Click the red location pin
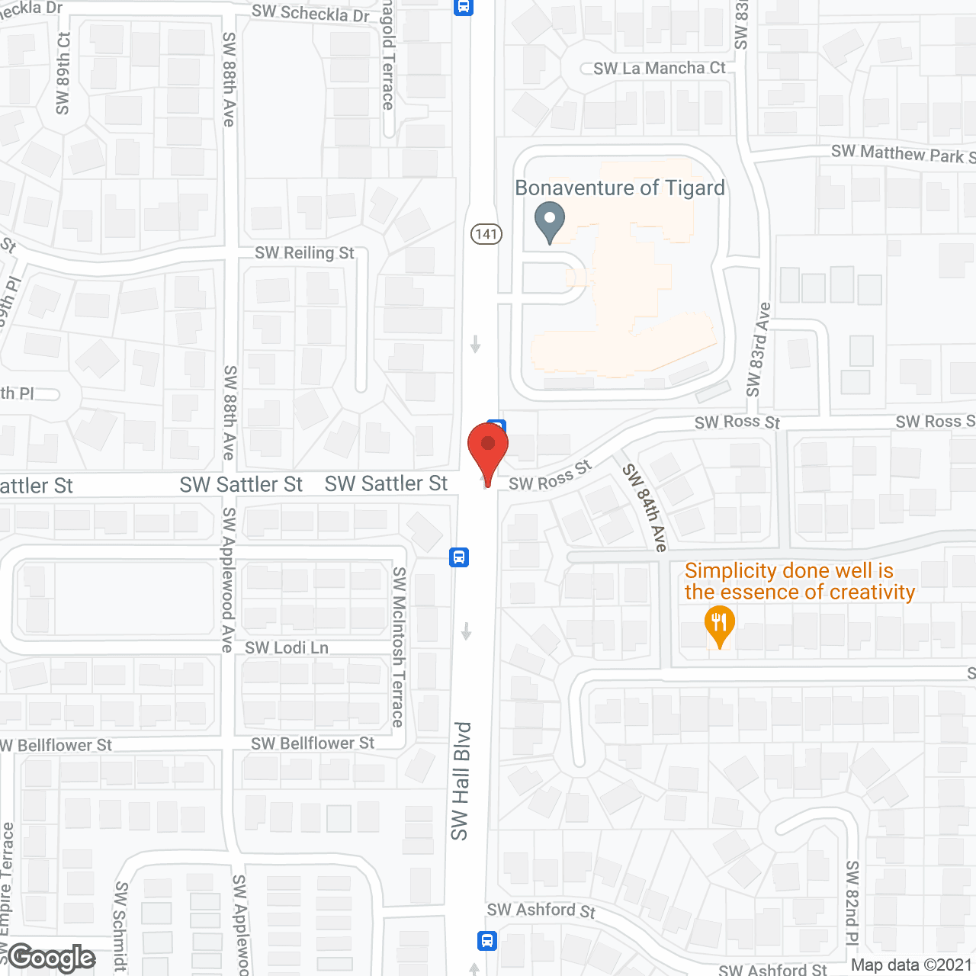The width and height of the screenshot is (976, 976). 488,450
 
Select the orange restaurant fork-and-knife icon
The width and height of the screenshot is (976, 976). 719,624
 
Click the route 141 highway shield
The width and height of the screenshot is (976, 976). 486,234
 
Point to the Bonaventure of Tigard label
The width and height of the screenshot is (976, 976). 620,188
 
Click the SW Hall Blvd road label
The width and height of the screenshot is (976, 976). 460,781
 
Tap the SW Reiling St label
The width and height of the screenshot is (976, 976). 304,253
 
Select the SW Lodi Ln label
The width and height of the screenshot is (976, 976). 287,648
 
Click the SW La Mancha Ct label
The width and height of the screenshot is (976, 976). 659,69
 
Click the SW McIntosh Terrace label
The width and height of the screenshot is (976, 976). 399,647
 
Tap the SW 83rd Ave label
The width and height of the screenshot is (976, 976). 758,349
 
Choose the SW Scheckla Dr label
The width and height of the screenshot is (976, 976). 310,13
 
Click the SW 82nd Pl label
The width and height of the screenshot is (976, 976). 852,904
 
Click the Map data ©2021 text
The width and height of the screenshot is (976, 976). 911,965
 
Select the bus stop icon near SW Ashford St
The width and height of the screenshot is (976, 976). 487,940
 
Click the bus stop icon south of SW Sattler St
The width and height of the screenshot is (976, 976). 458,557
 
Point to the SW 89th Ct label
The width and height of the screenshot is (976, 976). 63,73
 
